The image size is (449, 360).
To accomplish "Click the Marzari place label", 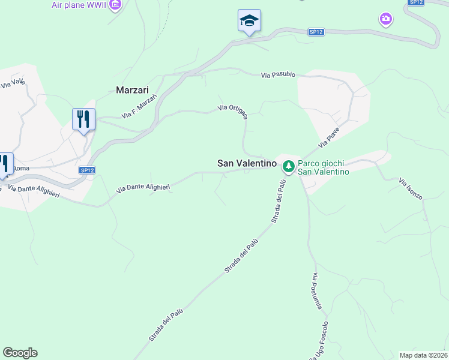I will pos(131,90).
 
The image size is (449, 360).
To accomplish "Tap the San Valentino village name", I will pos(247,163).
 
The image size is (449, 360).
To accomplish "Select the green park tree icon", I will pos(289,166).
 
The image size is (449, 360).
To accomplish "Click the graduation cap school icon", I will pos(249,21).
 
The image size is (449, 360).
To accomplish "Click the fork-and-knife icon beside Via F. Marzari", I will pos(83,119).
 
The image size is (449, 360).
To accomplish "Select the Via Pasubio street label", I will pos(278,75).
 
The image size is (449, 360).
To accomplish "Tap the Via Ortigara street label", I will pos(233,112).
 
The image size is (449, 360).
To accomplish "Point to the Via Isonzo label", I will pos(411,188).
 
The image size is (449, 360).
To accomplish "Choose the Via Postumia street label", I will pos(318,292).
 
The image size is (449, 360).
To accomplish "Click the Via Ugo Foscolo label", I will pos(319,341).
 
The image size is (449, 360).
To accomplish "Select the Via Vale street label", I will pos(13,81).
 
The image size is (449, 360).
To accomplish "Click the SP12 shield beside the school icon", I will pos(317,32).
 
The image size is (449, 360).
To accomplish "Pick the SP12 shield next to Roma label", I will pos(87,170).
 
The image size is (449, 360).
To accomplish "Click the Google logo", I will pos(20,353).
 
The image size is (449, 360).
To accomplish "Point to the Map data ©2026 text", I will pos(424,355).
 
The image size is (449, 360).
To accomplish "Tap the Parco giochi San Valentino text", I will pos(324,167).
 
